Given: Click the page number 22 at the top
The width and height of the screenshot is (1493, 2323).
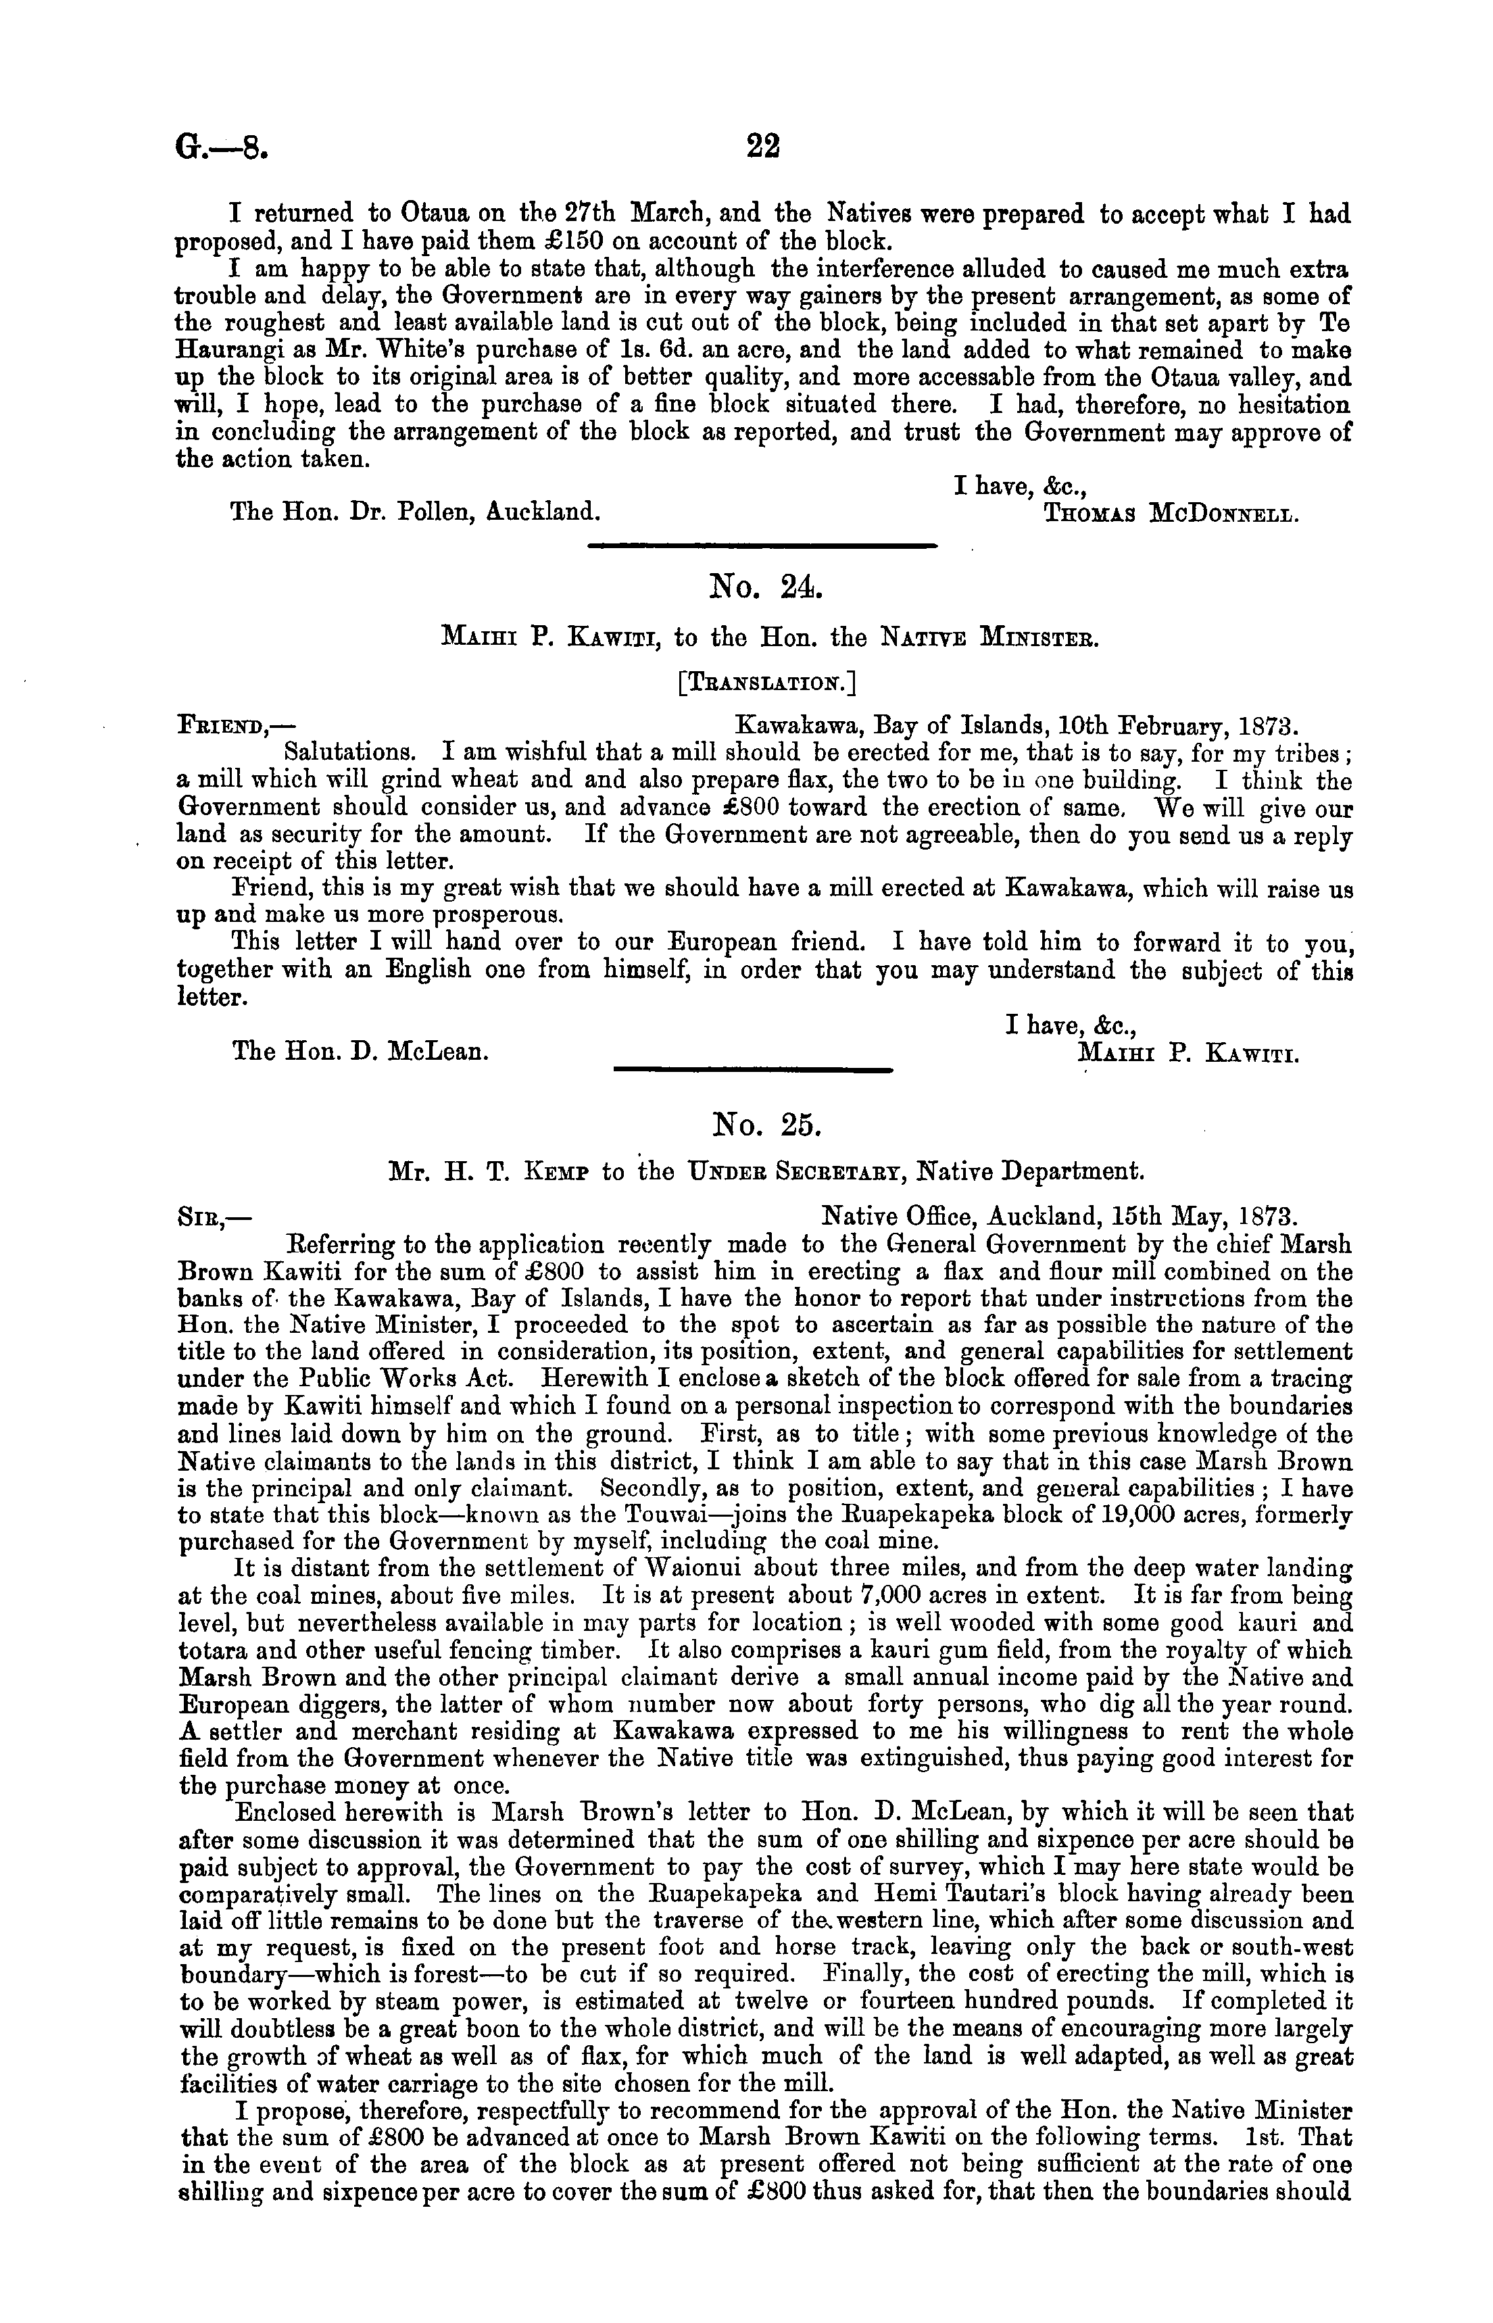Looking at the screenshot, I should (x=763, y=147).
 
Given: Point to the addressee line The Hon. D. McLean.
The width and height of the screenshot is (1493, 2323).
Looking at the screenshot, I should (x=359, y=1051).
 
